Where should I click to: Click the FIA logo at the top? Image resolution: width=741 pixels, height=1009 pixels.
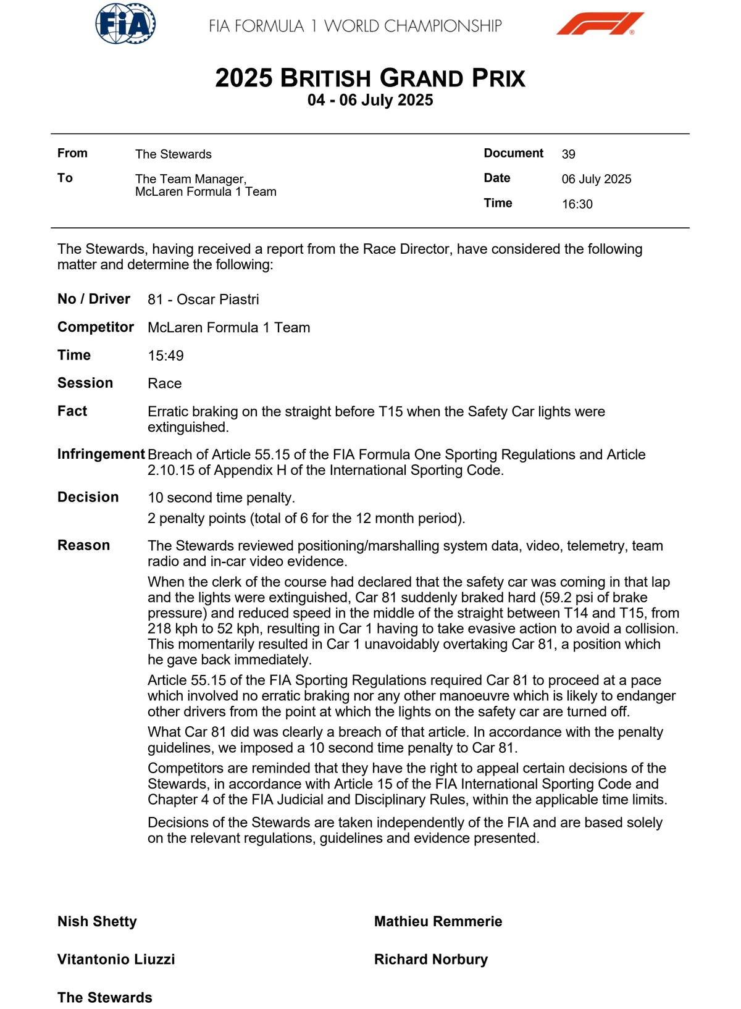tap(125, 24)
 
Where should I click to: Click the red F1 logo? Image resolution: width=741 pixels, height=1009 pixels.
tap(600, 24)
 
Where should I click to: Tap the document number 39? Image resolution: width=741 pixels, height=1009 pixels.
tap(568, 154)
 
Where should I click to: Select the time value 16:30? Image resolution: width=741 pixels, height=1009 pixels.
tap(577, 204)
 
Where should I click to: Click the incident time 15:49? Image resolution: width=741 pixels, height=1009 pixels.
tap(165, 356)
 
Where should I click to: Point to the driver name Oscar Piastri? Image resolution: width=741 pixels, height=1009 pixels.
tap(218, 299)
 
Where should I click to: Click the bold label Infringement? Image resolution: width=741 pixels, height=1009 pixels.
tap(101, 454)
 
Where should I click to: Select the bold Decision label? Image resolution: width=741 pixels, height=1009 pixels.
tap(88, 497)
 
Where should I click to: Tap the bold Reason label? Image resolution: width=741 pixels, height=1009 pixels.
tap(83, 545)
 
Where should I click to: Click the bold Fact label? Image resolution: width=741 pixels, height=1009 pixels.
tap(72, 411)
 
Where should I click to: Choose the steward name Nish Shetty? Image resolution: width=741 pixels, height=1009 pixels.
tap(97, 921)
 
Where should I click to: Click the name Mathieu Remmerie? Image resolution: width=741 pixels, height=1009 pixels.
tap(438, 921)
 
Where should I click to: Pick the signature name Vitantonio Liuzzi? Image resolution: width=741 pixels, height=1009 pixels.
tap(116, 959)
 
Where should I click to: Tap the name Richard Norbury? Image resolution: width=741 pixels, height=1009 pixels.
tap(430, 959)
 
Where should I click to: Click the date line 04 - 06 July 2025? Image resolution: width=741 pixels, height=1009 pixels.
tap(370, 100)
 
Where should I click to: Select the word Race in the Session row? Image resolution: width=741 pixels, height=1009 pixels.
tap(164, 383)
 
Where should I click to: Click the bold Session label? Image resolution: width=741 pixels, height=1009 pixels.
tap(85, 383)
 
